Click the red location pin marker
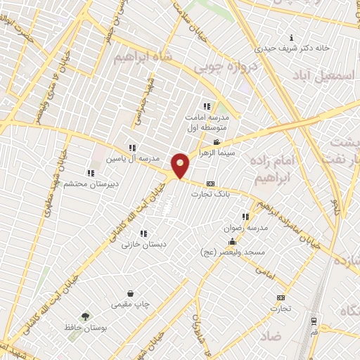tap(181, 165)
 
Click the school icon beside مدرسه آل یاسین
tap(132, 148)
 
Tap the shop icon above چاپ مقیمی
tap(130, 294)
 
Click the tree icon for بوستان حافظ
tap(86, 317)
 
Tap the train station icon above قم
tap(313, 321)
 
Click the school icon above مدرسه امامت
tap(206, 106)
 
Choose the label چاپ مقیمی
tap(130, 304)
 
